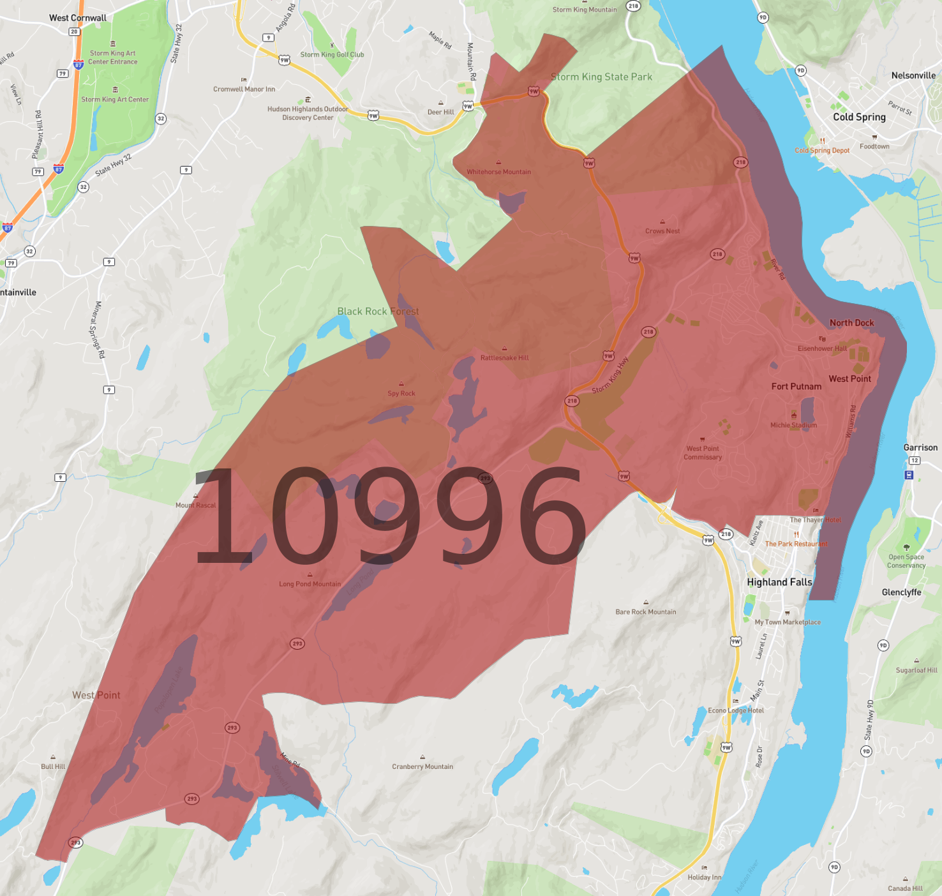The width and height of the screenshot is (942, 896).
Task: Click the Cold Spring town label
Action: coord(859,117)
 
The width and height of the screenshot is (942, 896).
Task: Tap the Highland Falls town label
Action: coord(779,582)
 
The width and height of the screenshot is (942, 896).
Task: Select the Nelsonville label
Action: coord(913,75)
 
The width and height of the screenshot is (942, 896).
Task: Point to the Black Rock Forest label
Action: coord(378,311)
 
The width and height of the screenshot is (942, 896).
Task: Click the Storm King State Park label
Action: coord(601,77)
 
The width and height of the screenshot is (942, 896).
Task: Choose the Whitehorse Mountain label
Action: coord(498,172)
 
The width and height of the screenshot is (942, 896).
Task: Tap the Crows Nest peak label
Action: coord(662,231)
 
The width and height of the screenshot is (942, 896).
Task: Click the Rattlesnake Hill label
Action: coord(504,358)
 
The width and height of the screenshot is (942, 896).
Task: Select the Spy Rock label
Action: coord(401,393)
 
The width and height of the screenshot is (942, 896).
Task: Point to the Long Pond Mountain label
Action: coord(310,584)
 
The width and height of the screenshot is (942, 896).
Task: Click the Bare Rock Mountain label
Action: coord(645,611)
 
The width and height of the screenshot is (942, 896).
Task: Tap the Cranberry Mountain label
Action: coord(422,766)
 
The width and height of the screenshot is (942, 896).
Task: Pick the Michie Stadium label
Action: coord(793,425)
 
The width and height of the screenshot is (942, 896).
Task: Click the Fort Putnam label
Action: coord(796,386)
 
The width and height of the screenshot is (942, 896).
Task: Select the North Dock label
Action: coord(851,323)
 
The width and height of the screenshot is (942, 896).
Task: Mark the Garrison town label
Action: coord(920,447)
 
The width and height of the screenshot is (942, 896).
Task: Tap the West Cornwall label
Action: coord(78,18)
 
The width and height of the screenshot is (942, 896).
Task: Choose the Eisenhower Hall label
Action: coord(822,348)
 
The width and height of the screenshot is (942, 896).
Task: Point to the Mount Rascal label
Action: coord(196,505)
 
